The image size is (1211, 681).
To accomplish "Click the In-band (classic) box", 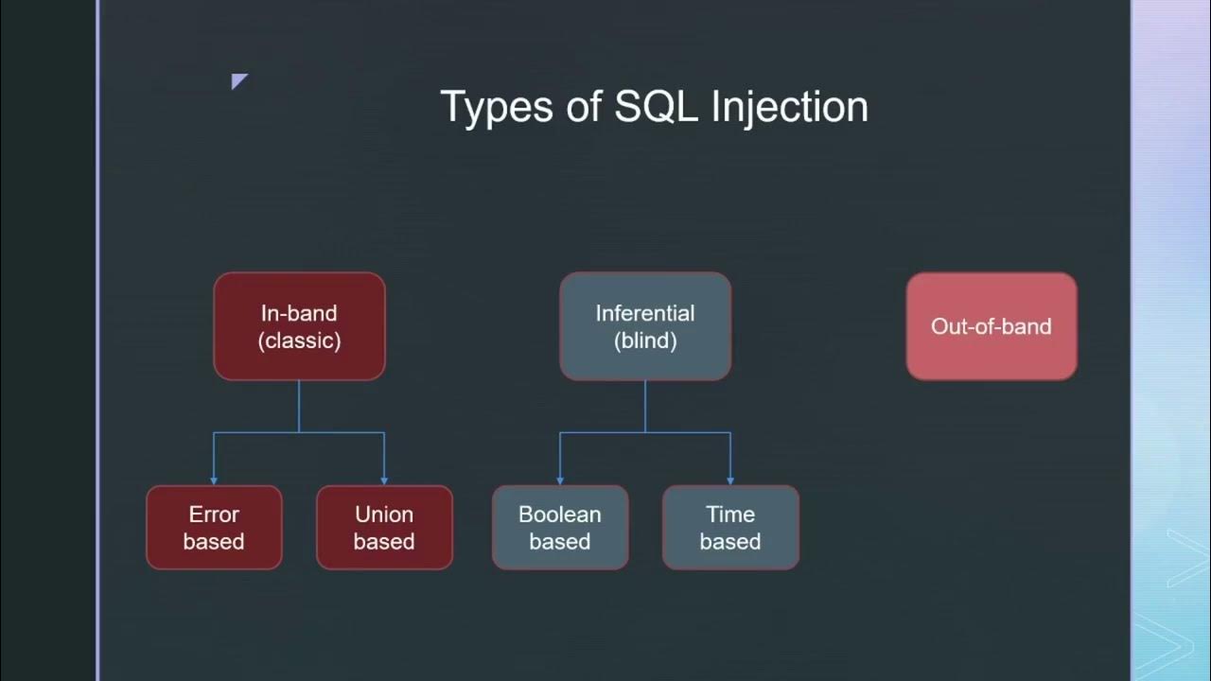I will coord(299,326).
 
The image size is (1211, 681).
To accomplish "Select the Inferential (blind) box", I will coord(645,326).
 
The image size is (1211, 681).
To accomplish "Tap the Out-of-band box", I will coord(992,326).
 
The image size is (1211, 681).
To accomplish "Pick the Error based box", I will coord(214,528).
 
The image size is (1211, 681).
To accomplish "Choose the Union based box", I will coord(384,528).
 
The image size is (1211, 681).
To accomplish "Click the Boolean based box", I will coord(560,528).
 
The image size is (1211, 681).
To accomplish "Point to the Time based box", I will coord(730,528).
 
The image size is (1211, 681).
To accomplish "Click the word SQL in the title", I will coord(657,106).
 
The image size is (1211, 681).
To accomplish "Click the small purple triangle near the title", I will coord(237,80).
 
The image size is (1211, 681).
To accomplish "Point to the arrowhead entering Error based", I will coord(214,480).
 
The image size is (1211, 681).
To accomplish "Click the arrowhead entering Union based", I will coord(384,480).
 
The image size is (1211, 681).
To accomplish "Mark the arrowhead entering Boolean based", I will coord(560,480).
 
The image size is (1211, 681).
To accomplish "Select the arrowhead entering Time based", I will coord(730,480).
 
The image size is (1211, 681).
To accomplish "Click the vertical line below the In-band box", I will coord(299,407).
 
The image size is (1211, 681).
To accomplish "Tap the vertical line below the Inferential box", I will coord(645,407).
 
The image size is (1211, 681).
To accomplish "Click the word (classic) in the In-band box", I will coord(299,340).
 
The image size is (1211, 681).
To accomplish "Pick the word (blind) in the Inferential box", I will coord(645,340).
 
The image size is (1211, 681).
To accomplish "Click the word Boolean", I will coord(560,515).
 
